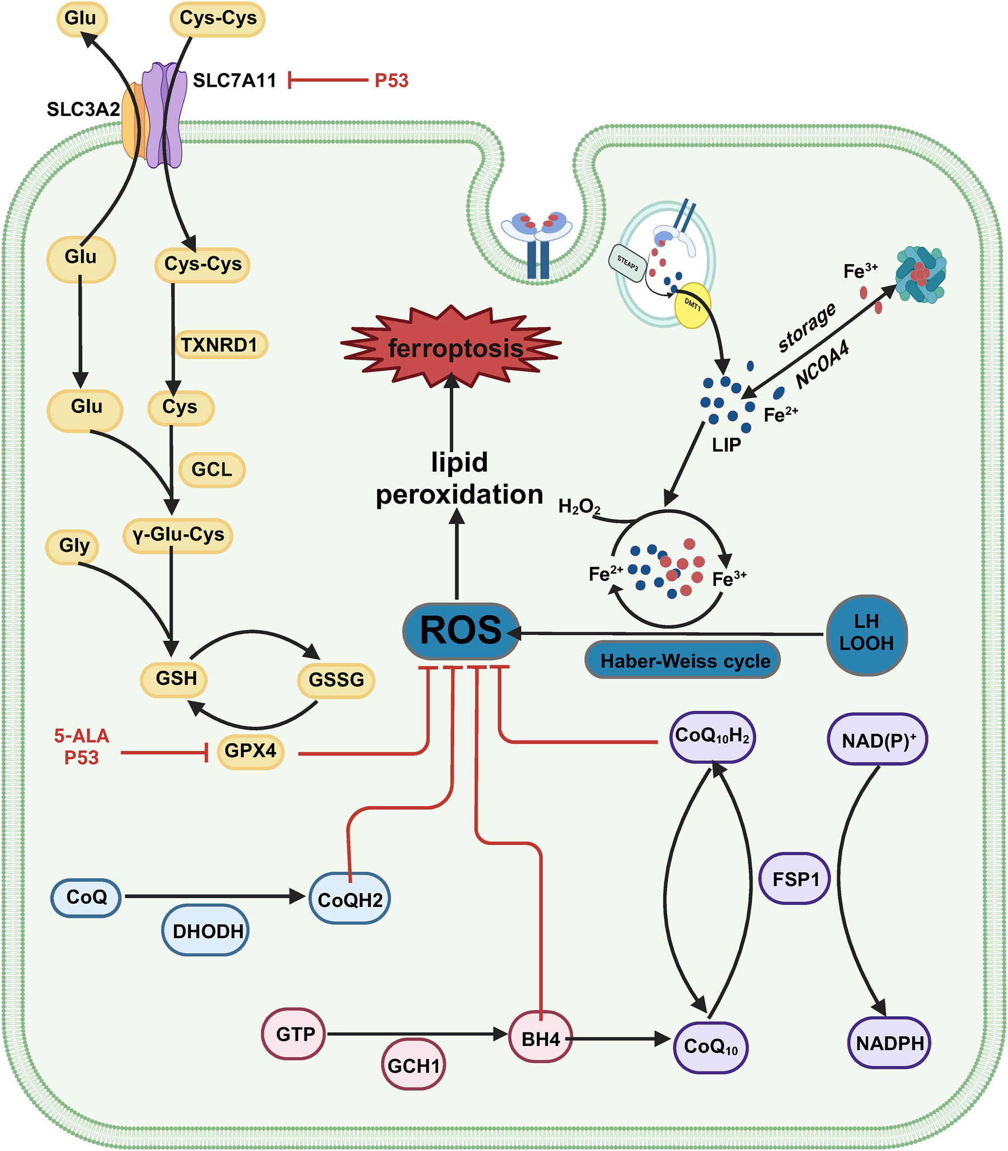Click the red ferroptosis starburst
click(452, 348)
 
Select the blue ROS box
click(461, 631)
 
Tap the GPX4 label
click(250, 751)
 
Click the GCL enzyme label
click(212, 469)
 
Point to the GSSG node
click(336, 680)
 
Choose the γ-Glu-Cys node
click(178, 535)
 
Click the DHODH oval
click(206, 931)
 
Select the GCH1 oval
click(414, 1065)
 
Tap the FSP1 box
click(794, 879)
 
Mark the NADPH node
click(889, 1044)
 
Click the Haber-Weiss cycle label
click(683, 661)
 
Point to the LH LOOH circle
click(866, 635)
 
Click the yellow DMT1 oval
click(692, 306)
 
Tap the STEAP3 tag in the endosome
click(627, 262)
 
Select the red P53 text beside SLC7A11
click(391, 81)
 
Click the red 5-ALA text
click(82, 735)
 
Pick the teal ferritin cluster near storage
click(921, 274)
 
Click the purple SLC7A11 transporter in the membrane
click(164, 115)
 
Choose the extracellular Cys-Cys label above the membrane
click(218, 18)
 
